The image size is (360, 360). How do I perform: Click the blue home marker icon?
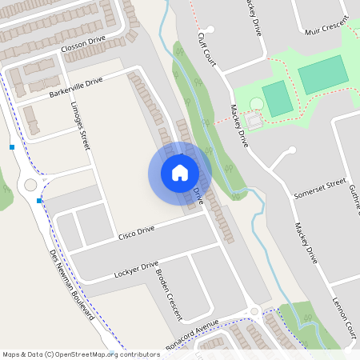click(180, 173)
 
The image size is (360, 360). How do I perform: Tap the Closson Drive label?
click(83, 50)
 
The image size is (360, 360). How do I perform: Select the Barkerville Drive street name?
click(76, 87)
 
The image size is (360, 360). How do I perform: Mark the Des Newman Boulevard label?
click(73, 285)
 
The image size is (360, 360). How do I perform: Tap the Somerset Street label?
click(318, 191)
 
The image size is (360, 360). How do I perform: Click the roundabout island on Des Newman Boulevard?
click(31, 185)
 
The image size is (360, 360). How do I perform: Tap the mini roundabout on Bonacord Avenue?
click(254, 311)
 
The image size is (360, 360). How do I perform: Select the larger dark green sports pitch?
click(323, 75)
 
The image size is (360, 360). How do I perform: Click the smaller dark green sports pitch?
click(277, 98)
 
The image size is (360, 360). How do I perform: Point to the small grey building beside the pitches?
click(254, 121)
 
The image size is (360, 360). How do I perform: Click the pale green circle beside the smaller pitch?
click(256, 104)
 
